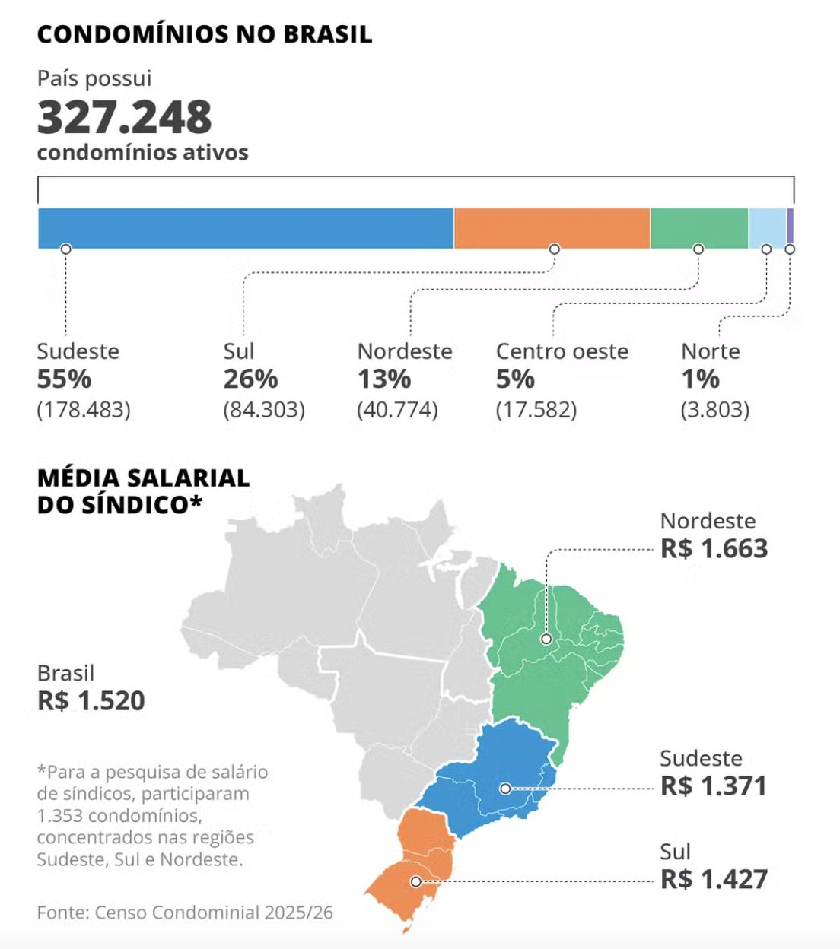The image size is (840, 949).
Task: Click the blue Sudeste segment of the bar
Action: coord(246,228)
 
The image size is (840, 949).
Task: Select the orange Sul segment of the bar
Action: coord(552,228)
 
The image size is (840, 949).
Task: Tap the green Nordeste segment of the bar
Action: coord(699,228)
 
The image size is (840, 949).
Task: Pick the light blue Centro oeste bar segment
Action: coord(767,228)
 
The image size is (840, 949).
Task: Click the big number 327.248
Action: coord(125,117)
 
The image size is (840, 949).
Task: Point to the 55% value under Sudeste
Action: coord(64,379)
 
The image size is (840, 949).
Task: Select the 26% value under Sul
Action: coord(250,379)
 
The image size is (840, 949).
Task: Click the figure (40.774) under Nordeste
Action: coord(397,410)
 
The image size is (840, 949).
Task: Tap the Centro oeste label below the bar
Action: coord(562,351)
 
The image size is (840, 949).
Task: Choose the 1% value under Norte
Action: coord(700,379)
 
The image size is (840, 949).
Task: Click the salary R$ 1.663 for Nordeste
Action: coord(714,548)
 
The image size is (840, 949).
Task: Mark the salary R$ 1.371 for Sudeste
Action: coord(713,786)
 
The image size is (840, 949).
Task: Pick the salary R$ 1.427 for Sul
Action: coord(714,879)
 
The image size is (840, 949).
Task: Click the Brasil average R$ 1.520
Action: coord(91,700)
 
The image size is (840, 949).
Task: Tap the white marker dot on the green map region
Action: coord(546,639)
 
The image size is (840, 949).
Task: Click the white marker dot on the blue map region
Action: coord(505,789)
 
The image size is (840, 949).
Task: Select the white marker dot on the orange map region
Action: coord(415,882)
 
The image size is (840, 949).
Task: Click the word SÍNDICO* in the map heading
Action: coord(142,504)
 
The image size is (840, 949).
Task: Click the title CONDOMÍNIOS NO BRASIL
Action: coord(205,34)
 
